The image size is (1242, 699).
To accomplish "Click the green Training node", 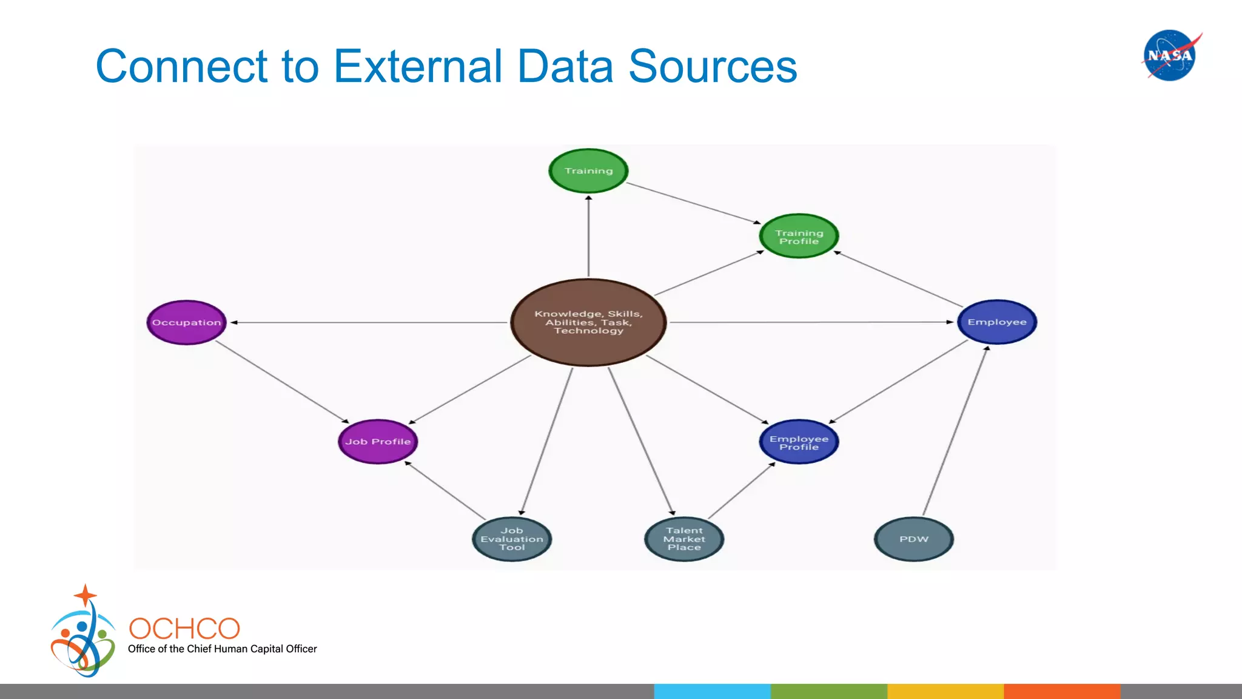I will (x=588, y=171).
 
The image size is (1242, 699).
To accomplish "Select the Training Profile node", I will (x=799, y=237).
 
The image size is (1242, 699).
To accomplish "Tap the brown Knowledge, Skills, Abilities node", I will (x=588, y=322).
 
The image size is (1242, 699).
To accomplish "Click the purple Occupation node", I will (x=186, y=322).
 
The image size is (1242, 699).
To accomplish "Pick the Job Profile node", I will (x=378, y=442).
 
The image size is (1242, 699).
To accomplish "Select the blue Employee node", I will (x=997, y=322).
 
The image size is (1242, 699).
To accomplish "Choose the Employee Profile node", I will (x=799, y=442).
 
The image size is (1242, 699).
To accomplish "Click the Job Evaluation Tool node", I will (x=512, y=539).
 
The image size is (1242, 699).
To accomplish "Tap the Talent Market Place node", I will (x=684, y=539).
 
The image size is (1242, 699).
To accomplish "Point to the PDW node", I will (x=914, y=539).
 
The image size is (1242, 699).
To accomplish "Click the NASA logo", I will (x=1170, y=55).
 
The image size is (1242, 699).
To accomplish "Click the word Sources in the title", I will (x=713, y=66).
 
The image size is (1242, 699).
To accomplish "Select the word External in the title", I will (x=418, y=66).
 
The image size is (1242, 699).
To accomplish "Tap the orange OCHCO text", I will (x=184, y=629).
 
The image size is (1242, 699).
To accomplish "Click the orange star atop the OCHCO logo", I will (x=86, y=595).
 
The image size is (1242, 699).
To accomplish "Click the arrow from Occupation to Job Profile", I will (x=282, y=382).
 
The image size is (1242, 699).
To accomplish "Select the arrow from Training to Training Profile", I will (x=693, y=203).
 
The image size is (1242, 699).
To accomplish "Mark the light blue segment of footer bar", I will (x=712, y=691).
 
